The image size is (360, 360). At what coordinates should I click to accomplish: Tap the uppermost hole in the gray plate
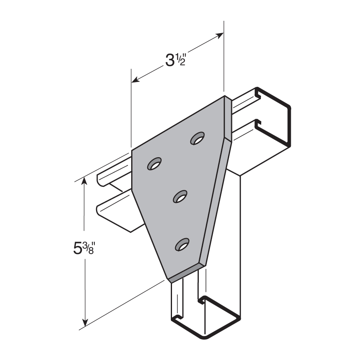coord(198,138)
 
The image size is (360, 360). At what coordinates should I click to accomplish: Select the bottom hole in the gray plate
coord(182,244)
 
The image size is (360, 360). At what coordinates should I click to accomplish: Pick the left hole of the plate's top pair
coord(154,164)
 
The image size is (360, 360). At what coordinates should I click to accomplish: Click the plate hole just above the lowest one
coord(180,196)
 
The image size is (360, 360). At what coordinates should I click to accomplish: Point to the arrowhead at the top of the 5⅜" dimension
coord(84,180)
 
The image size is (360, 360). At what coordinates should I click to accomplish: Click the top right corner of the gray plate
coord(224,96)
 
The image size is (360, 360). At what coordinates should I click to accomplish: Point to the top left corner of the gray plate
coord(132,150)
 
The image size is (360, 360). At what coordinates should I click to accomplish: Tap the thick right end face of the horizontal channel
coord(273,117)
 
